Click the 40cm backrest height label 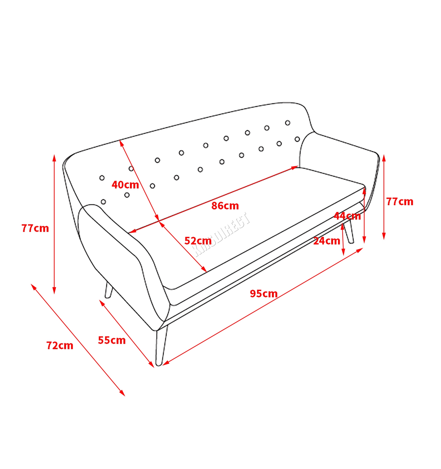(x=125, y=185)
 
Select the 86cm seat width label (x=225, y=206)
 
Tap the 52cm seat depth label (x=198, y=241)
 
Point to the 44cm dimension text (x=347, y=216)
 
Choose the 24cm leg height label (x=327, y=241)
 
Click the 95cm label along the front (x=263, y=293)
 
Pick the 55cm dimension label (x=112, y=340)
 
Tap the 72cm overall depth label (x=60, y=346)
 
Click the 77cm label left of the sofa (x=35, y=228)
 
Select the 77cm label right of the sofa (x=400, y=202)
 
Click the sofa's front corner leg (x=161, y=346)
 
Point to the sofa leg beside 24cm (x=349, y=232)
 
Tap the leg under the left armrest (x=109, y=290)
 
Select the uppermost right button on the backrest (x=288, y=123)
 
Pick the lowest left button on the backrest (x=103, y=202)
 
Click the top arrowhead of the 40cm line (x=121, y=143)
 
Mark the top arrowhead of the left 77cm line (x=54, y=158)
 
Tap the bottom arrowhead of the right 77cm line (x=384, y=236)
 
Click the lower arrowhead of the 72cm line (x=122, y=393)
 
